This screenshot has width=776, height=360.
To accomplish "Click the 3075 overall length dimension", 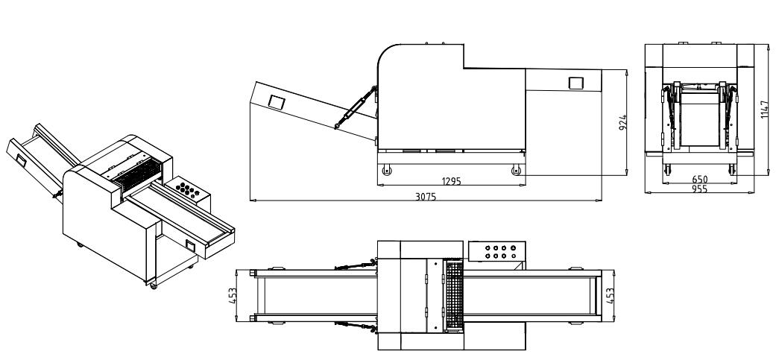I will tap(426, 196).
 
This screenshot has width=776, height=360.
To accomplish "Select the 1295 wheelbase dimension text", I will tap(450, 180).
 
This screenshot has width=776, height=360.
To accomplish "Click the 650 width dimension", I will tap(700, 180).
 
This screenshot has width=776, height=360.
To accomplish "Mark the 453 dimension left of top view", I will tap(233, 296).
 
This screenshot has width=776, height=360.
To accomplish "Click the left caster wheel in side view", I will tap(386, 171).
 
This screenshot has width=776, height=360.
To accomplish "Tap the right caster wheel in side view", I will tap(516, 171).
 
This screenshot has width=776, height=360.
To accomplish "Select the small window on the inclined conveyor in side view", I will tap(276, 101).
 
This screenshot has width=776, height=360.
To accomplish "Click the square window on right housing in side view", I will tap(576, 83).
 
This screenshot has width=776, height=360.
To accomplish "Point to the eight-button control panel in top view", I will tap(498, 253).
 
